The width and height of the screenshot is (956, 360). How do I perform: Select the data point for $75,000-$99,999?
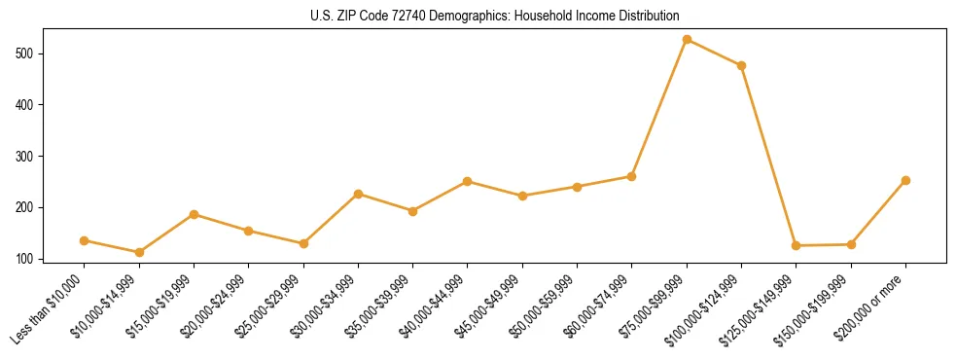(687, 40)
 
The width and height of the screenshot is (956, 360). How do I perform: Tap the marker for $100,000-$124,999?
(741, 66)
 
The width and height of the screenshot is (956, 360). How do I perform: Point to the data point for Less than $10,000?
(85, 240)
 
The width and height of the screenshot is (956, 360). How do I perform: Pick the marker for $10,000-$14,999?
(139, 252)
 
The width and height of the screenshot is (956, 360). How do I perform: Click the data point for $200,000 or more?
(905, 180)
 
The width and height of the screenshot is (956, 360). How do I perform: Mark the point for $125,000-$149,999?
(797, 245)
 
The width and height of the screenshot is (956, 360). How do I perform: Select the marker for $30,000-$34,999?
(358, 194)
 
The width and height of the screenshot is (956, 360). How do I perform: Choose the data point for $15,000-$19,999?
(194, 214)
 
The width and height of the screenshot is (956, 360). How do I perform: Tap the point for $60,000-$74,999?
(631, 176)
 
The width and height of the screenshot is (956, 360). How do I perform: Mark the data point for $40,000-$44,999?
(468, 181)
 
